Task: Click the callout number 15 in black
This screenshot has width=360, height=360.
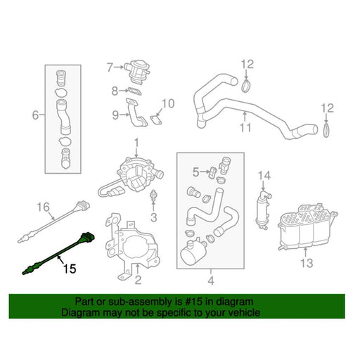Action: point(70,269)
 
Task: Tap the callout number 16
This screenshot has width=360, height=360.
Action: point(44,207)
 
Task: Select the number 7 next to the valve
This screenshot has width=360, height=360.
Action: point(110,67)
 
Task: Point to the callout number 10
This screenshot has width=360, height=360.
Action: point(168,103)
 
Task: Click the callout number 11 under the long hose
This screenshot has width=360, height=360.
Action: point(245,128)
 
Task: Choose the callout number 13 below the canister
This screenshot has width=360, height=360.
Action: point(307,263)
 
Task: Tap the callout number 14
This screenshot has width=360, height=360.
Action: point(264,176)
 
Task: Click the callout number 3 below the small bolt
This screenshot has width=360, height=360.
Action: point(153,217)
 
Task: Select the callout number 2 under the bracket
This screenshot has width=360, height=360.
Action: point(138,280)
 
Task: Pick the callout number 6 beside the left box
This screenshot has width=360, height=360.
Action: point(35,115)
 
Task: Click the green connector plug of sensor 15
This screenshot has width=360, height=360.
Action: point(87,237)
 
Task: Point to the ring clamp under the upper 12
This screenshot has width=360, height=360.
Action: point(245,86)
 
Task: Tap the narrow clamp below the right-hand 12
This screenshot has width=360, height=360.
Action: point(326,129)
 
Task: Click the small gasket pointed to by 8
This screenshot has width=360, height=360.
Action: point(134,91)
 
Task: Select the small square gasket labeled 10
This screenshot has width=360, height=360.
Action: point(156,120)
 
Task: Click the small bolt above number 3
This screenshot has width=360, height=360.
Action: point(153,195)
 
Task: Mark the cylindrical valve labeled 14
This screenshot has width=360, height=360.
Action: point(262,209)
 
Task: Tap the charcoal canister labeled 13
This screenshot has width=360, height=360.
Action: point(307,226)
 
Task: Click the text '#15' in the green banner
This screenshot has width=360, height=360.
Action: point(193,302)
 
